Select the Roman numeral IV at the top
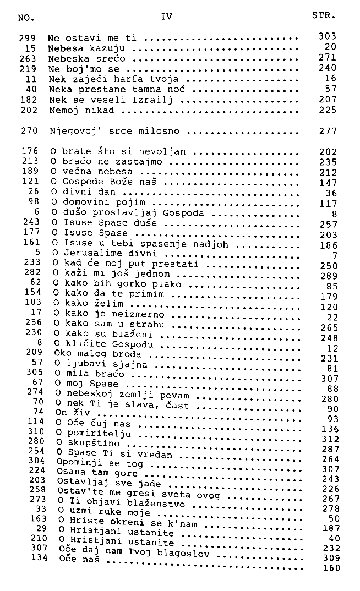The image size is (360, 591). pos(167,17)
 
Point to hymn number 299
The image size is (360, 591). pos(28,38)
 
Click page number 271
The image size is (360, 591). pos(327,57)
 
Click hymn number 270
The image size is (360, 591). pos(28,131)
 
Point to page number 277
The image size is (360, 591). pos(328,132)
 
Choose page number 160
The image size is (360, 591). pos(331,568)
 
